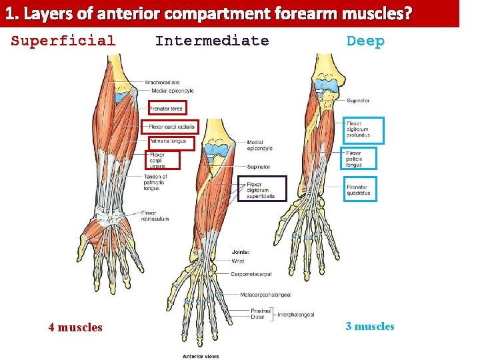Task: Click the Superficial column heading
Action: pyautogui.click(x=63, y=41)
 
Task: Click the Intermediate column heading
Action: pyautogui.click(x=212, y=41)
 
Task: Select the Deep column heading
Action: pyautogui.click(x=365, y=41)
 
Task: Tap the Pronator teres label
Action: pyautogui.click(x=167, y=108)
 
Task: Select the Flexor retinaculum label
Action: pyautogui.click(x=154, y=215)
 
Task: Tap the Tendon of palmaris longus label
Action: pyautogui.click(x=155, y=183)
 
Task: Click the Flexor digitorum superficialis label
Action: pyautogui.click(x=261, y=191)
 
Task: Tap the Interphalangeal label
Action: pyautogui.click(x=295, y=314)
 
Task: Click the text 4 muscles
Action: pyautogui.click(x=75, y=327)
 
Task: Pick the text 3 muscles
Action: pyautogui.click(x=370, y=327)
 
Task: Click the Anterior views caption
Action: pyautogui.click(x=201, y=356)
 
